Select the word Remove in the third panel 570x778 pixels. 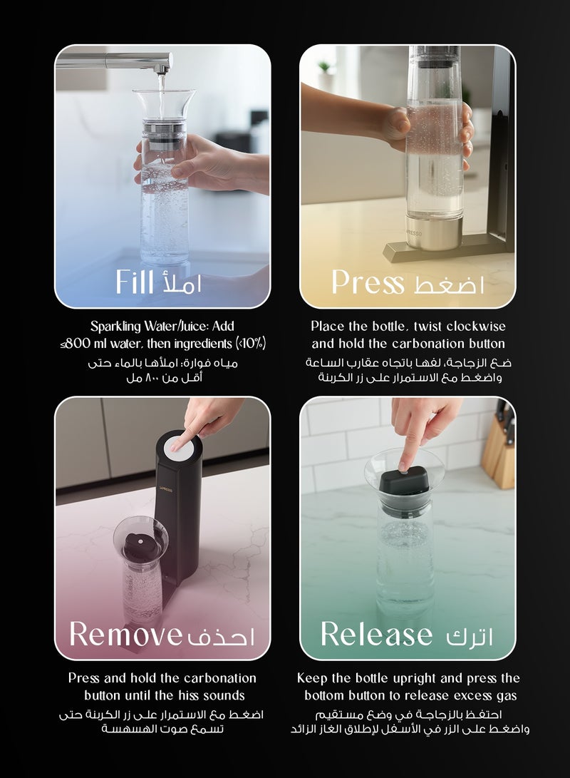click(x=125, y=633)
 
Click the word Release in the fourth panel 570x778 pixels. click(x=376, y=633)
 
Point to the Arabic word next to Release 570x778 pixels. click(x=470, y=635)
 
